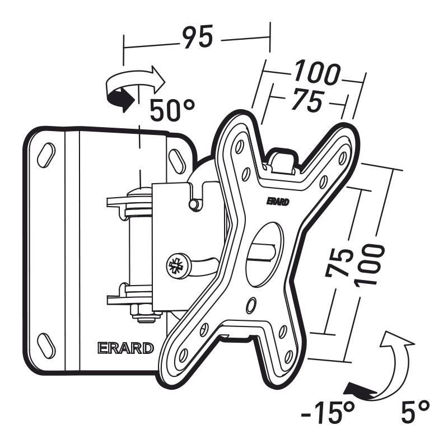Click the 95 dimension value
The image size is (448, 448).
tap(198, 37)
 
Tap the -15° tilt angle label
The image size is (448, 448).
tap(328, 413)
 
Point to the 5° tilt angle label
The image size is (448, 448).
tap(416, 412)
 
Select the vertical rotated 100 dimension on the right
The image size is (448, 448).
tap(368, 264)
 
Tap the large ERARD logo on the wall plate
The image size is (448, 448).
tap(125, 348)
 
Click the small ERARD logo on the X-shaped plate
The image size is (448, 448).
tap(278, 202)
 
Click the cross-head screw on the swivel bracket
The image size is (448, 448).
tap(177, 266)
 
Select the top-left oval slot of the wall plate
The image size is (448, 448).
tap(46, 155)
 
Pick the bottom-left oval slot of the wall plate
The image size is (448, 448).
tap(46, 345)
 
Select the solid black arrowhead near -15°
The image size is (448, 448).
tap(358, 390)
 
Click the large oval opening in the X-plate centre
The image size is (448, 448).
tap(264, 254)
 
